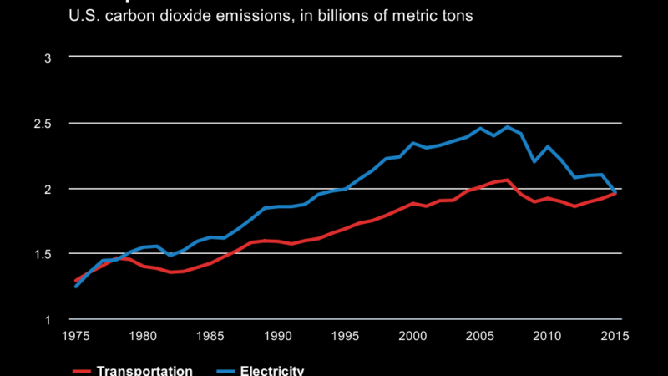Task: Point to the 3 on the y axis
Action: tap(48, 58)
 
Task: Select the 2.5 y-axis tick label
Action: tap(43, 124)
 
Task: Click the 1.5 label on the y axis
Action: tap(43, 254)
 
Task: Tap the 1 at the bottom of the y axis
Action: tap(48, 319)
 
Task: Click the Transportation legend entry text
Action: tap(144, 371)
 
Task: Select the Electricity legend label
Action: tap(272, 371)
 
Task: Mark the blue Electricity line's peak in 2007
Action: tap(508, 127)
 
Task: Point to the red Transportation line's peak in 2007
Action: tap(508, 180)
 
